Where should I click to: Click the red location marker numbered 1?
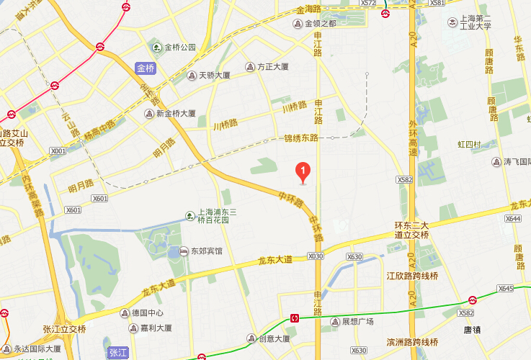click(303, 171)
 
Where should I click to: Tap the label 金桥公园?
click(179, 48)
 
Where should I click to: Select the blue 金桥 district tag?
click(146, 68)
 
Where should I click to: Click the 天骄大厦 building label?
click(214, 75)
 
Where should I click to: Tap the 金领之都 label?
click(321, 23)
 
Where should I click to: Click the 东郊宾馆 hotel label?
click(206, 251)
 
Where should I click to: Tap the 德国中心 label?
click(148, 313)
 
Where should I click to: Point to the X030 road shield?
click(316, 256)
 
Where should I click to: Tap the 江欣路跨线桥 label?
click(411, 276)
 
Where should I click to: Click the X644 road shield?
click(513, 218)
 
